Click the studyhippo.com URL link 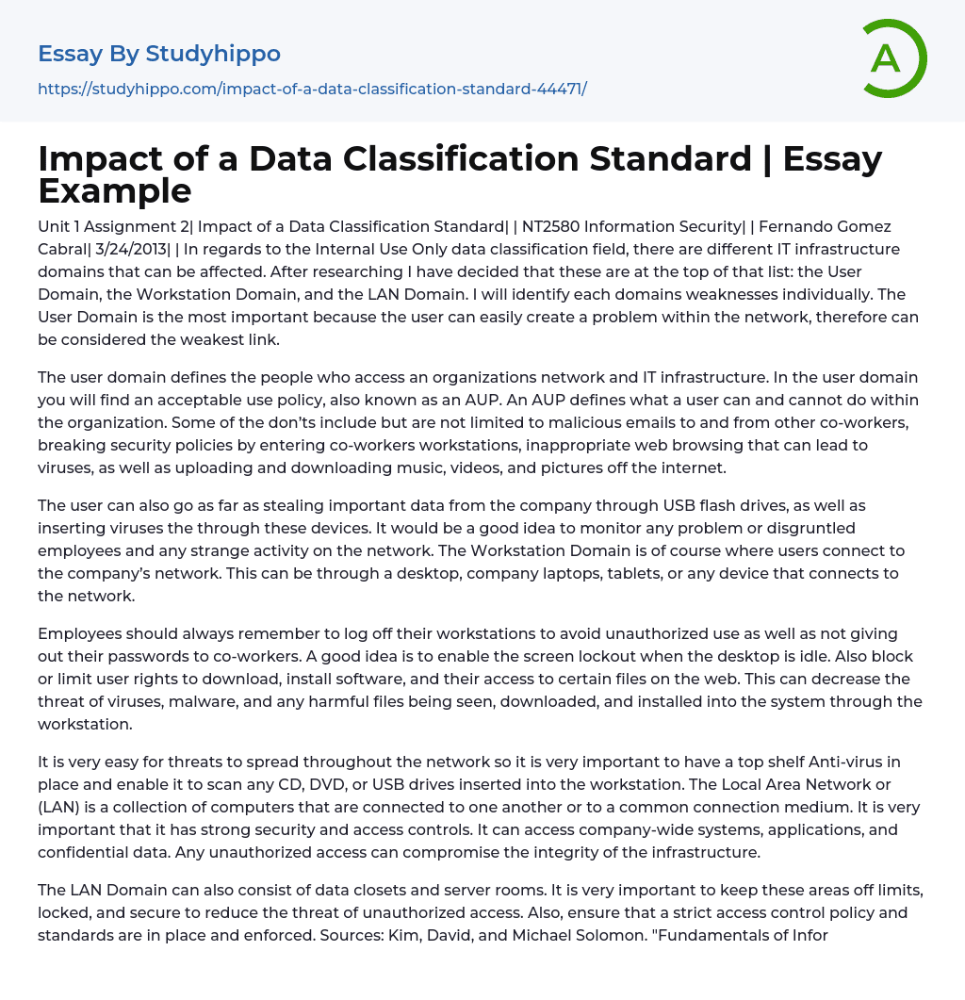pos(312,89)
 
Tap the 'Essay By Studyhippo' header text pos(159,54)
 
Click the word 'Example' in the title pos(115,191)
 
